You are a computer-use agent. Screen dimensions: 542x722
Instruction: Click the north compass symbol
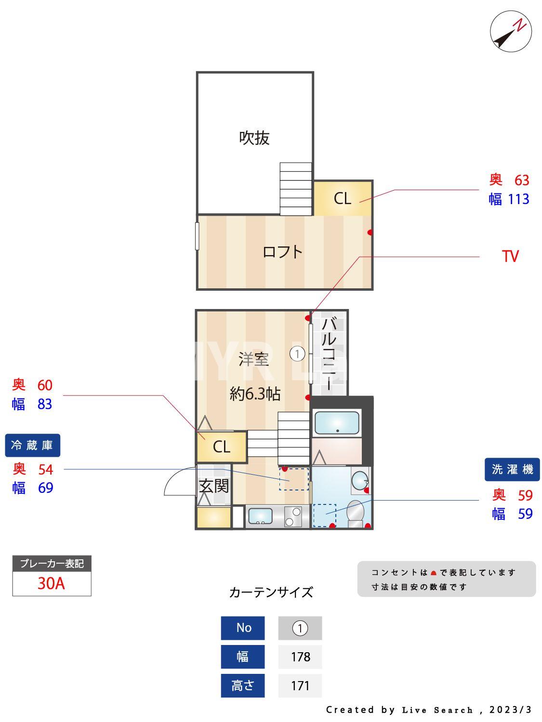point(511,32)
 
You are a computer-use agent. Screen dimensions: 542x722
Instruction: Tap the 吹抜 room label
point(254,138)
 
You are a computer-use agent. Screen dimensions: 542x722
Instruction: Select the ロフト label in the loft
point(282,252)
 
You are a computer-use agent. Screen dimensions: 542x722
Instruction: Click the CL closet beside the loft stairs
point(343,198)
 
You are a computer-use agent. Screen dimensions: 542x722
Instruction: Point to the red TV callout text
point(510,256)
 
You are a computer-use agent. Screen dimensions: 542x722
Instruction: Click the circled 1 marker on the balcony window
point(297,354)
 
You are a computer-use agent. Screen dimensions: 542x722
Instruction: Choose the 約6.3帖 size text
point(255,394)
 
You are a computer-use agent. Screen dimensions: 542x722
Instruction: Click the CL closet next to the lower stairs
point(222,447)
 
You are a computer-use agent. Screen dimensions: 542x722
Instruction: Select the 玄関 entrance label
point(214,486)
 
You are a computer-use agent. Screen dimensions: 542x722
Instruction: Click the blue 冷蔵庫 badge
point(32,445)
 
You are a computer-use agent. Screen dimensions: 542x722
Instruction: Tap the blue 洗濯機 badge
point(512,469)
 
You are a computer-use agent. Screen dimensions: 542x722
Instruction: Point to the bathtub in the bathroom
point(337,423)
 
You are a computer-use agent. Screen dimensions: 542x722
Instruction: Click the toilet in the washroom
point(356,513)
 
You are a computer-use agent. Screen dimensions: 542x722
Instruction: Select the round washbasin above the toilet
point(359,480)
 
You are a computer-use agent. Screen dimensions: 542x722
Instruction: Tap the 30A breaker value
point(51,583)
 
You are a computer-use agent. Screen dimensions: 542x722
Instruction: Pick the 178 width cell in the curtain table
point(300,657)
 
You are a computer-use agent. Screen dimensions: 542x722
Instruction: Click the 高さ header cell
point(243,685)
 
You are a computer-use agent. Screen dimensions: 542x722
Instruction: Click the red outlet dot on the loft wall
point(370,232)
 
